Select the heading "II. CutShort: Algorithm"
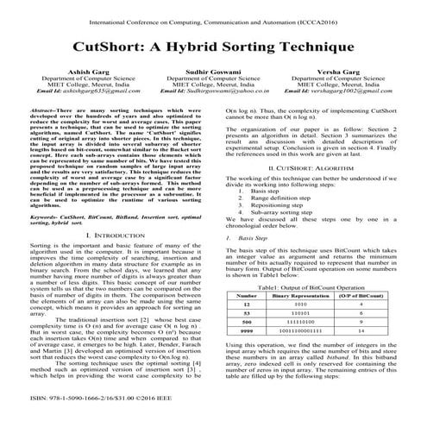pyautogui.click(x=323, y=166)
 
